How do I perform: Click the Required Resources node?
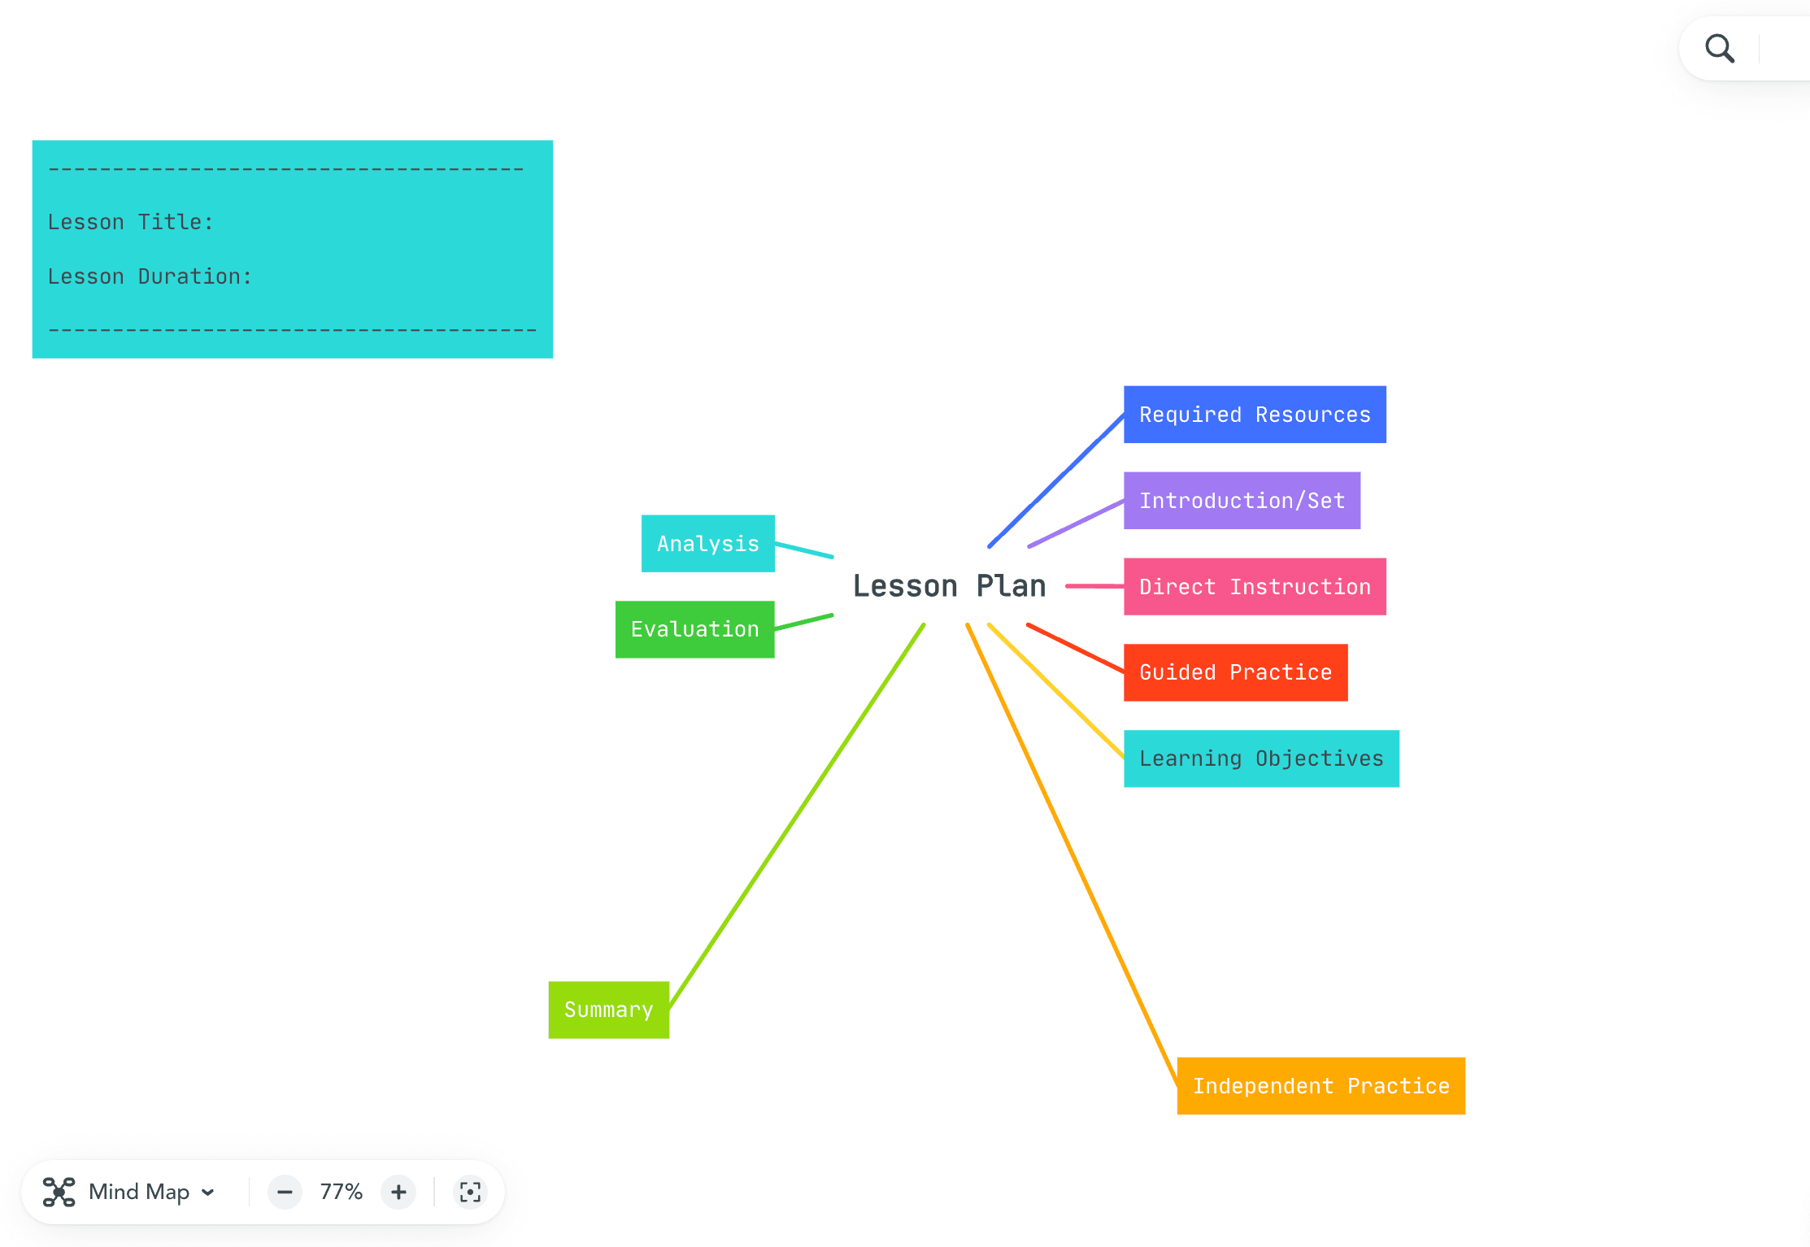click(x=1254, y=415)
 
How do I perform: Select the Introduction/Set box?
click(x=1241, y=501)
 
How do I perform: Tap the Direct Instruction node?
click(x=1254, y=587)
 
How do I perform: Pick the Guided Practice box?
click(x=1234, y=672)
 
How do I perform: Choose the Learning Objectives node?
click(x=1260, y=758)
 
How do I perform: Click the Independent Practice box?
click(x=1320, y=1086)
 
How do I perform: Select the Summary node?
click(x=608, y=1010)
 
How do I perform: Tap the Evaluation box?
click(x=694, y=629)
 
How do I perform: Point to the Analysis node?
click(x=707, y=544)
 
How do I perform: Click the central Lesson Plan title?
click(x=949, y=586)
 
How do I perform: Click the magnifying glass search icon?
click(x=1719, y=49)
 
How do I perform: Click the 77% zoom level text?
click(x=341, y=1192)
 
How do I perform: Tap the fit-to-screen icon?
click(x=470, y=1192)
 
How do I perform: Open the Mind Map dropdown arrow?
click(x=208, y=1192)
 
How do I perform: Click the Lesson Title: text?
click(x=130, y=222)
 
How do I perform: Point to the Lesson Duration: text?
click(x=150, y=276)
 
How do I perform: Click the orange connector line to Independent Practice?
click(x=1072, y=854)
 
